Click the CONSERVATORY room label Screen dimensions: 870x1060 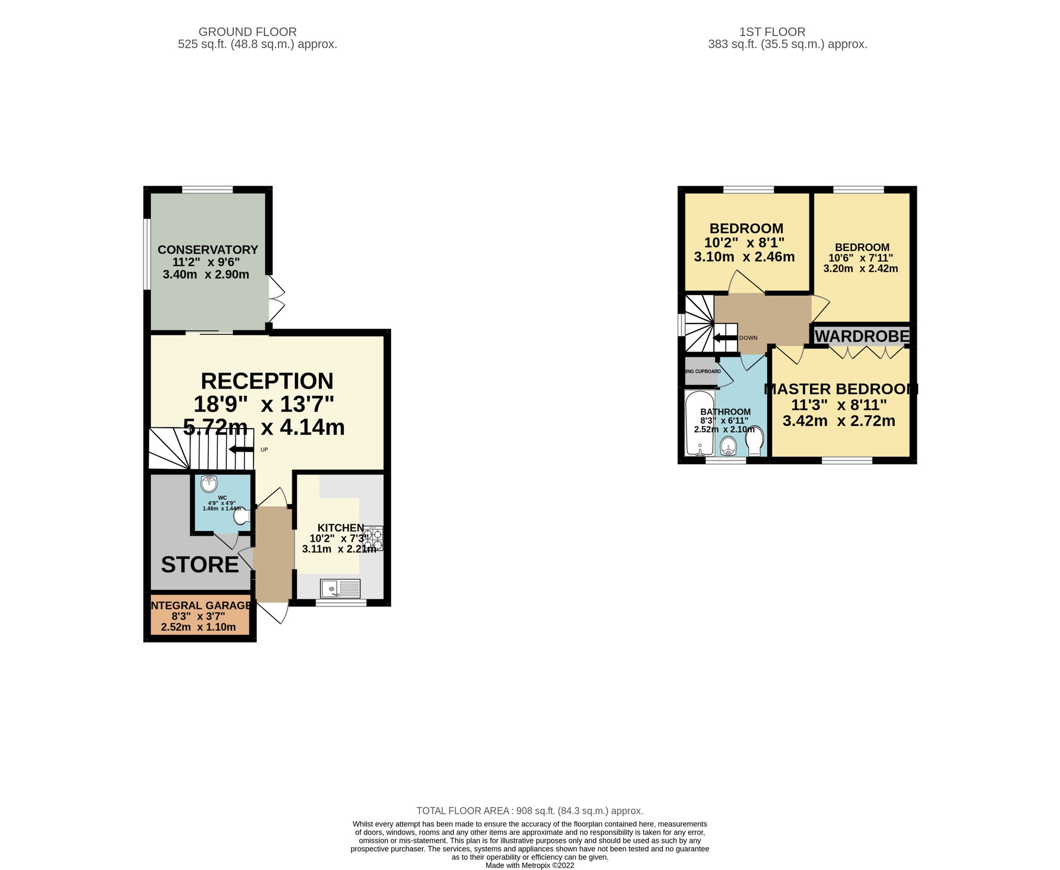pyautogui.click(x=207, y=249)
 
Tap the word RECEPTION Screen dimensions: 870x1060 pyautogui.click(x=267, y=381)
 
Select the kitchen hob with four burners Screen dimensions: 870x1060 pyautogui.click(x=373, y=538)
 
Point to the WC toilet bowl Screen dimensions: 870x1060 pyautogui.click(x=242, y=517)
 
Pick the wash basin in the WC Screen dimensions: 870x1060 pyautogui.click(x=208, y=484)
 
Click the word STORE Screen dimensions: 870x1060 pyautogui.click(x=200, y=565)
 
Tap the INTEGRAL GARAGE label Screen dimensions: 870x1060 pyautogui.click(x=201, y=606)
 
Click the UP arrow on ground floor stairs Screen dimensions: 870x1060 pyautogui.click(x=241, y=449)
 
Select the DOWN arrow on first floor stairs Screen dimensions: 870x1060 pyautogui.click(x=724, y=338)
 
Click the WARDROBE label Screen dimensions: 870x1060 pyautogui.click(x=861, y=336)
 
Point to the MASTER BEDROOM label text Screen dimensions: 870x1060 pyautogui.click(x=841, y=389)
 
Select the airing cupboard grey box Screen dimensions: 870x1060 pyautogui.click(x=701, y=371)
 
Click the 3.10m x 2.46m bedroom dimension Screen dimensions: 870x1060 pyautogui.click(x=744, y=257)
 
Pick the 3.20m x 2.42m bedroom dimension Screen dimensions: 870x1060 pyautogui.click(x=860, y=269)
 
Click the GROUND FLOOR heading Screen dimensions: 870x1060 pyautogui.click(x=247, y=31)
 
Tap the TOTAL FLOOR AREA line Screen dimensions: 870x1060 pyautogui.click(x=529, y=811)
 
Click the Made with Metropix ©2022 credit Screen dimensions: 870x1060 pyautogui.click(x=529, y=865)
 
